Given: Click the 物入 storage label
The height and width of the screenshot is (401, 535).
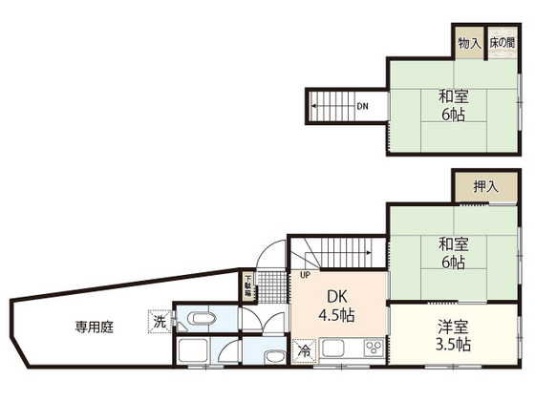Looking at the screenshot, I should [x=468, y=43].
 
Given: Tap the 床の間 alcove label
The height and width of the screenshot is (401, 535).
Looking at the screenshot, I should [x=502, y=43].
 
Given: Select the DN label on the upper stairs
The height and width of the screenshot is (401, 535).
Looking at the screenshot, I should [x=363, y=106].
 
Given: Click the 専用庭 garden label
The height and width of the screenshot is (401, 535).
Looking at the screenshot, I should [x=95, y=327].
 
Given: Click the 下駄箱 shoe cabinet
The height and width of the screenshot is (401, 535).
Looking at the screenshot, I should [x=247, y=285].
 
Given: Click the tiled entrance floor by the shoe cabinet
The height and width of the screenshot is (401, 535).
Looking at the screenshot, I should [x=272, y=285].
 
